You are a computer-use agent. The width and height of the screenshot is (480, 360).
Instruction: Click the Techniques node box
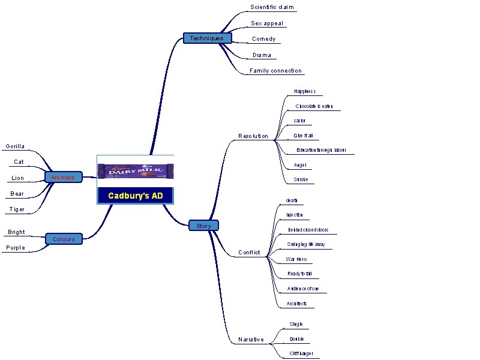click(x=206, y=38)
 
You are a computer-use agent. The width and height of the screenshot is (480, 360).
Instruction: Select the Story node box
click(x=203, y=226)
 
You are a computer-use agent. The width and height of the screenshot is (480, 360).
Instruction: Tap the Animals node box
click(x=63, y=178)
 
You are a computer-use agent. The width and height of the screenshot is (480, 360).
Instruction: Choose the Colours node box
click(x=64, y=239)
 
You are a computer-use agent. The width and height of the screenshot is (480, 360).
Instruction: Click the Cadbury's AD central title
click(x=135, y=196)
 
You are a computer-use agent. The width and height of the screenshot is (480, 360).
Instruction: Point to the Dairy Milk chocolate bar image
click(x=135, y=172)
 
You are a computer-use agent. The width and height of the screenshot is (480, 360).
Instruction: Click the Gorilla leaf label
click(x=16, y=146)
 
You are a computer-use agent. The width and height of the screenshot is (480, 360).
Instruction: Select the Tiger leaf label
click(x=17, y=209)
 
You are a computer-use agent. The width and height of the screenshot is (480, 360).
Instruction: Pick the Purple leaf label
click(x=16, y=247)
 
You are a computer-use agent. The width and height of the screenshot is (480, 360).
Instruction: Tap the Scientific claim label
click(x=272, y=7)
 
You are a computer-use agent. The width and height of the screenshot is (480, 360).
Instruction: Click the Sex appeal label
click(x=267, y=23)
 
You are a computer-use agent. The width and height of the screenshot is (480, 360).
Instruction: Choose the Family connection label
click(x=275, y=71)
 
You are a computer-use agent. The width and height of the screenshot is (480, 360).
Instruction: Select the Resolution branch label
click(x=253, y=136)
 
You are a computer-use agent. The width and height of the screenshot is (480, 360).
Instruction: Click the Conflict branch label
click(x=249, y=253)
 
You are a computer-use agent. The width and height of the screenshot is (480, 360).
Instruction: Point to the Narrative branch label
click(x=251, y=340)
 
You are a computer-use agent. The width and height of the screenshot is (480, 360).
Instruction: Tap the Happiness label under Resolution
click(x=305, y=91)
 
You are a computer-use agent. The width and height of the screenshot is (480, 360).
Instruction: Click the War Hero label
click(x=296, y=259)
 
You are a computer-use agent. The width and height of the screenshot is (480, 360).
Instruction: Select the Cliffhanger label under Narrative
click(x=301, y=353)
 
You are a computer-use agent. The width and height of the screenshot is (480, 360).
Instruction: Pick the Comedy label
click(x=263, y=39)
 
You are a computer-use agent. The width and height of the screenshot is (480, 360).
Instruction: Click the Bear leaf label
click(x=17, y=194)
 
